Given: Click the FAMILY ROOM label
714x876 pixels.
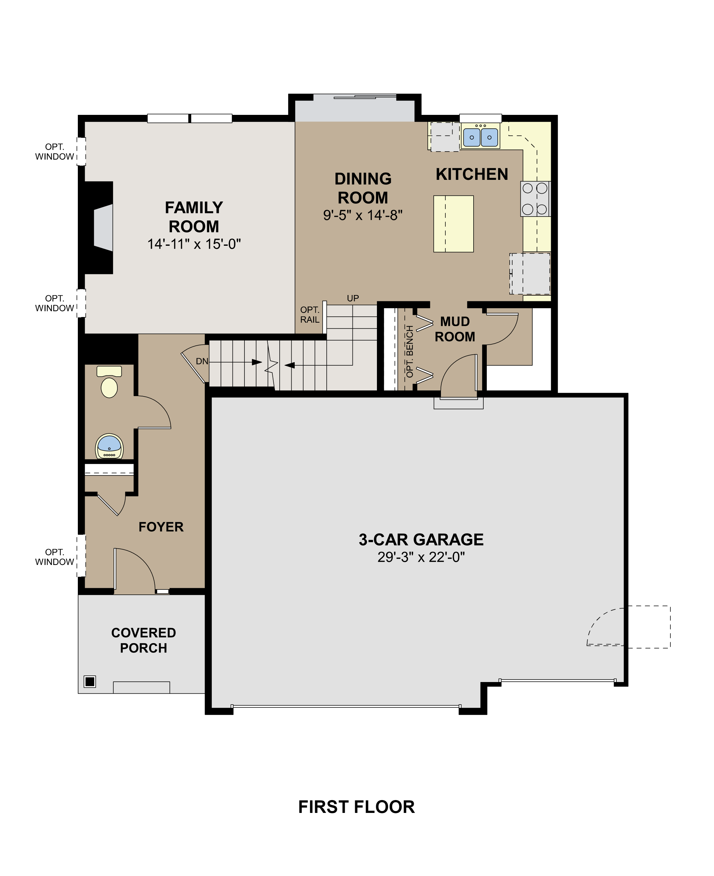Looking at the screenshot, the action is coord(194,217).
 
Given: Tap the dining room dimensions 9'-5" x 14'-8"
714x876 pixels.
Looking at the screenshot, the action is coord(363,215).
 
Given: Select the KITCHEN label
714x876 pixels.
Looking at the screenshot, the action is coord(472,175).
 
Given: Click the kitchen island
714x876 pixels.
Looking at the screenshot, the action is coord(453,224).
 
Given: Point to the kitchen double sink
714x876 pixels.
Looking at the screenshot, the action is coord(480,137).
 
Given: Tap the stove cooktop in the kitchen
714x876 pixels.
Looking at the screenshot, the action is coord(535,199).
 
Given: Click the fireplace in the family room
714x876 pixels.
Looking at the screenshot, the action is coord(99,228).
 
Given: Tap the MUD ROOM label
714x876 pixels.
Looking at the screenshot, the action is coord(455,329).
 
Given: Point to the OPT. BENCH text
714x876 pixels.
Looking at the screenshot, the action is coord(409,352).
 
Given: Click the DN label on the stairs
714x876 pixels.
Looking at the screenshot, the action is coord(202,361).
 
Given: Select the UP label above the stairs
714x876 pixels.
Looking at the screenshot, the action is coord(353,298).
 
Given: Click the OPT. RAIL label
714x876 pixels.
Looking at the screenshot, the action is coord(310,314).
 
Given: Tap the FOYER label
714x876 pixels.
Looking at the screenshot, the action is coord(161,527).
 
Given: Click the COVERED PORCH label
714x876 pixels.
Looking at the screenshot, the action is coord(143,640).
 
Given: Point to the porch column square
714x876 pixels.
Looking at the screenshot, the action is coord(90,681).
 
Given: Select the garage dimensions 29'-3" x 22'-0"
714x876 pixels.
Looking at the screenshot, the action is coord(421,557).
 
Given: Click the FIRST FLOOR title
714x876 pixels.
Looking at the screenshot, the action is coord(357,807).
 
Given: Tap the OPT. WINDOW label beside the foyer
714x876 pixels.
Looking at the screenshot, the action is coord(54,557).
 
